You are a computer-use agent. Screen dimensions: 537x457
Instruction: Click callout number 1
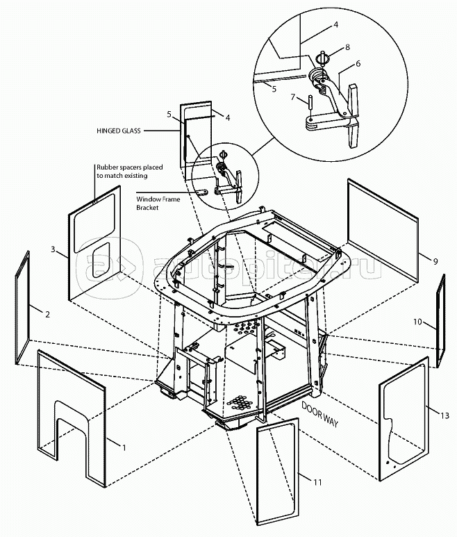pos(124,447)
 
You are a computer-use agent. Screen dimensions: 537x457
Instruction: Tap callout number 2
pos(47,315)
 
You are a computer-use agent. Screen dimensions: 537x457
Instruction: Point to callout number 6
pos(358,63)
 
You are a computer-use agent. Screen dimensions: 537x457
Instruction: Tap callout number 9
pos(434,261)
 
